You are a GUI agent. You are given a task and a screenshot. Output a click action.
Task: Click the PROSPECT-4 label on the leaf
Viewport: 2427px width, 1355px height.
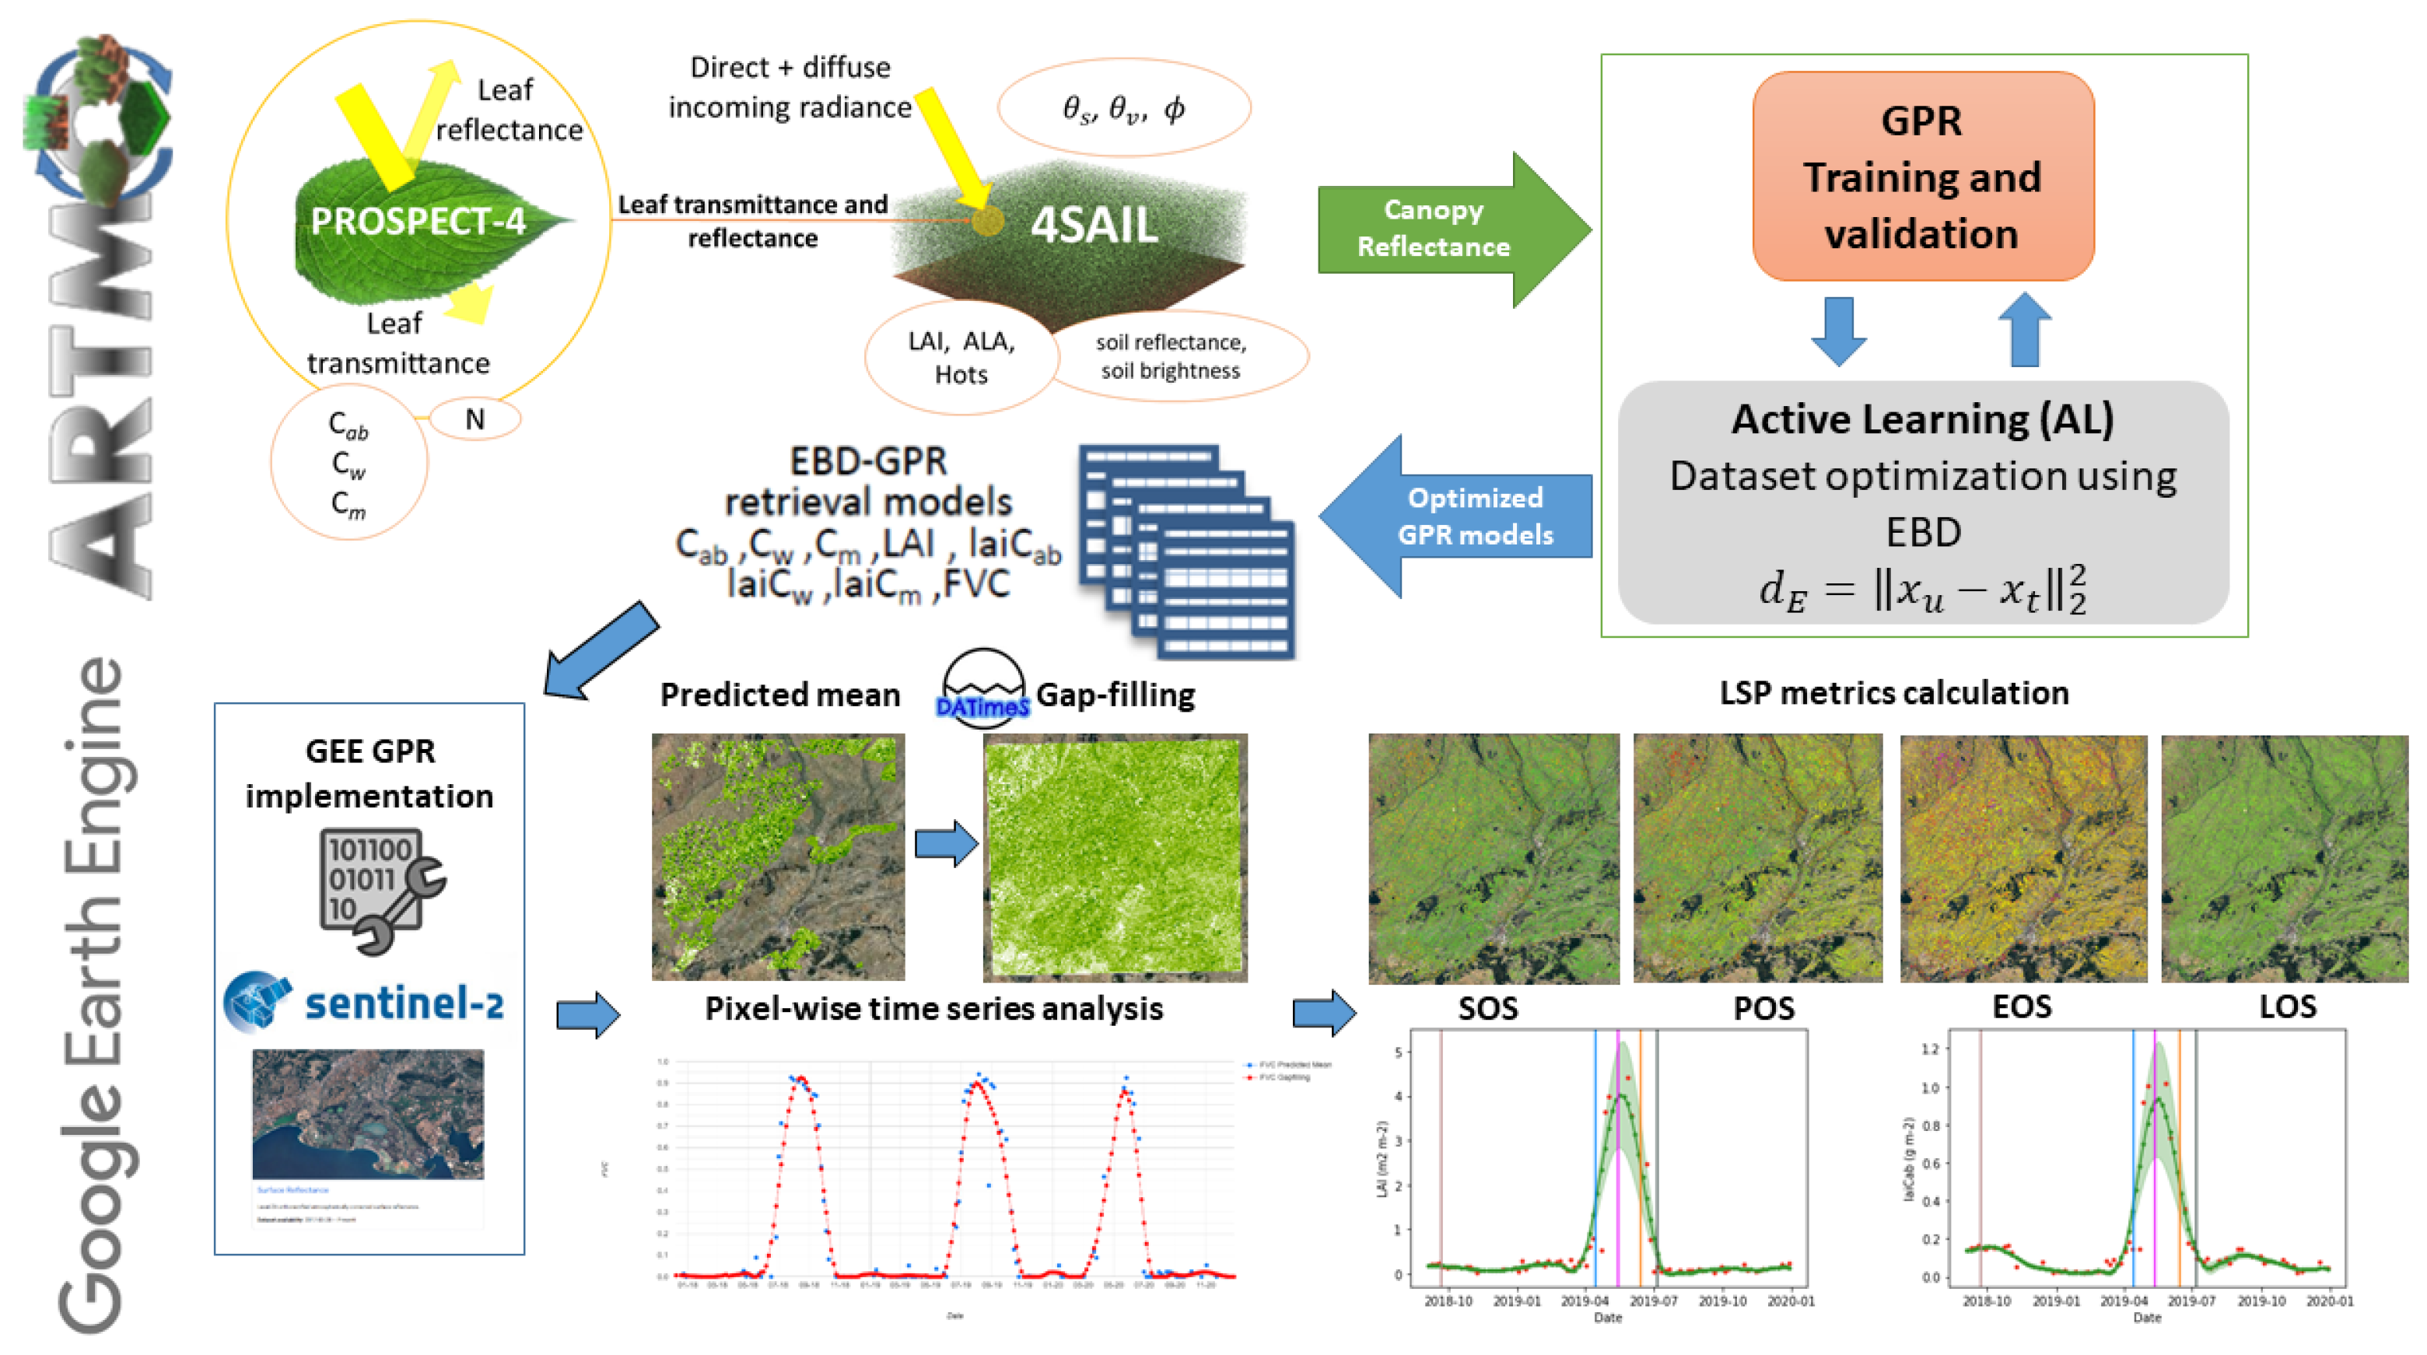coord(418,222)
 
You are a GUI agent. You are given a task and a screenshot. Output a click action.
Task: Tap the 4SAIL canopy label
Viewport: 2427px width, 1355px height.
coord(1094,226)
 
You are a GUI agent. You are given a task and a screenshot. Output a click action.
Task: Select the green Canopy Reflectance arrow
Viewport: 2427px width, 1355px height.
coord(1451,229)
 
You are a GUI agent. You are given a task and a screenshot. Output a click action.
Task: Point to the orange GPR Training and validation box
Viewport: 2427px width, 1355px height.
coord(1922,177)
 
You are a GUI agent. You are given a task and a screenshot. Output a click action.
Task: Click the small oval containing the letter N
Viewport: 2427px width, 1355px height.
coord(475,419)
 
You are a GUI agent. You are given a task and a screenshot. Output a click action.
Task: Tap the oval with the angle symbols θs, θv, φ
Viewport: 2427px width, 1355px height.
coord(1123,108)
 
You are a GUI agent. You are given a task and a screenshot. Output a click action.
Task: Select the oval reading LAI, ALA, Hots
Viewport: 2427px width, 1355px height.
coord(961,358)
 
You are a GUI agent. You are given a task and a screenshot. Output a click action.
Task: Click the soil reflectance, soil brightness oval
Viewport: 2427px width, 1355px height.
coord(1171,356)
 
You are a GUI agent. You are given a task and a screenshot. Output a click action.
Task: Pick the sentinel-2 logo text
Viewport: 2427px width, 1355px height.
coord(404,1003)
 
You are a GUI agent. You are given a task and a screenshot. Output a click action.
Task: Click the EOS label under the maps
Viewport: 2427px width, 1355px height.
coord(2021,1007)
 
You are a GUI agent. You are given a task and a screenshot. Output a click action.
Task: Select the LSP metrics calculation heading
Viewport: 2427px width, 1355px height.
coord(1893,692)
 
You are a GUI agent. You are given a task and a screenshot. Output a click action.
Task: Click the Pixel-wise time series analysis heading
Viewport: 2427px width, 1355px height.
coord(933,1008)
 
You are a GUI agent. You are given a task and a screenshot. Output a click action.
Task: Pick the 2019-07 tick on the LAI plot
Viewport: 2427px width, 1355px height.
coord(1652,1301)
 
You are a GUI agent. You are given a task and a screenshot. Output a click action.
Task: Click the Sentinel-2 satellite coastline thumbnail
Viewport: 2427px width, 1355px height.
coord(369,1114)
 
